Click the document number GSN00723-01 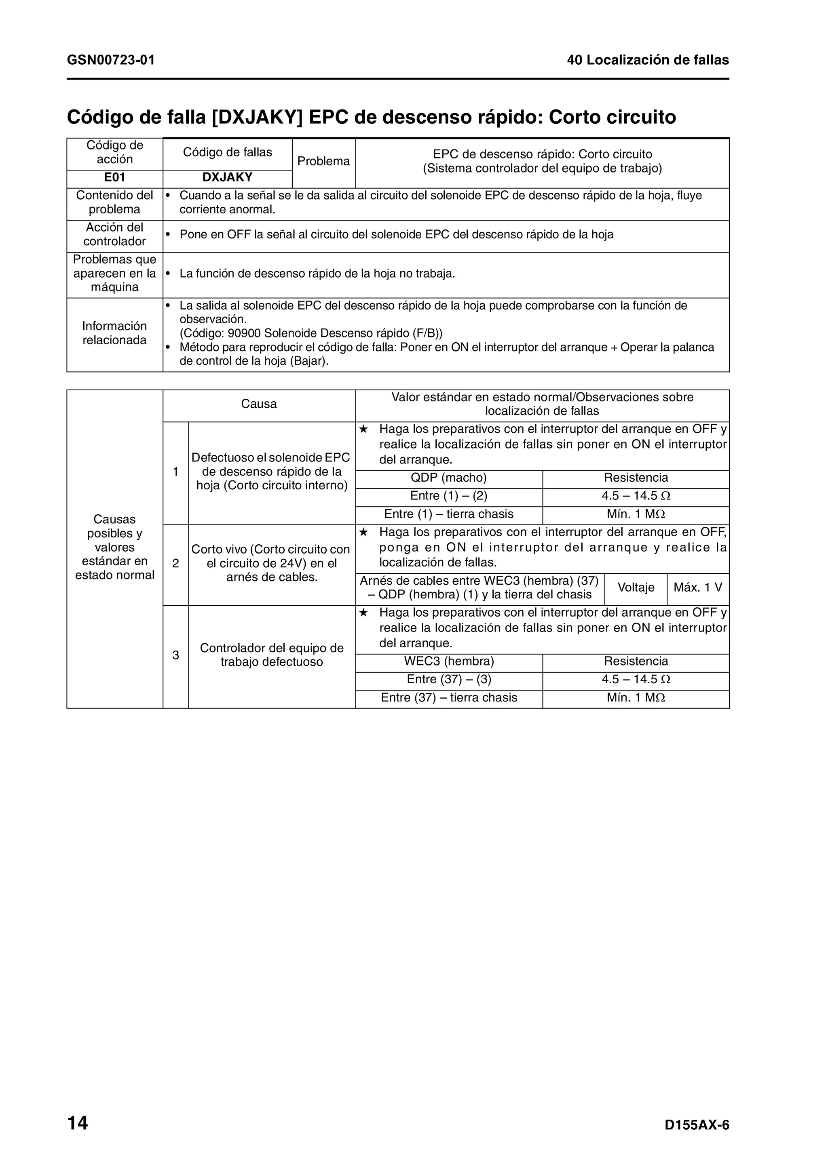pyautogui.click(x=111, y=60)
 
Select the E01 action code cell pyautogui.click(x=114, y=177)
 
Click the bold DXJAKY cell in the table pyautogui.click(x=228, y=177)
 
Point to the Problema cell pyautogui.click(x=323, y=161)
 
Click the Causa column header pyautogui.click(x=259, y=404)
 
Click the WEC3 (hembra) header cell pyautogui.click(x=448, y=661)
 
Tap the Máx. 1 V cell pyautogui.click(x=697, y=587)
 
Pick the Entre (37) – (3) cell pyautogui.click(x=448, y=679)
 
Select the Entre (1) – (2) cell pyautogui.click(x=448, y=496)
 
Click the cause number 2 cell pyautogui.click(x=175, y=564)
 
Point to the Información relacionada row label pyautogui.click(x=114, y=333)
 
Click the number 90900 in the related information pyautogui.click(x=244, y=333)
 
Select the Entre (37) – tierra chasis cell pyautogui.click(x=448, y=698)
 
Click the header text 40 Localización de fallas pyautogui.click(x=647, y=60)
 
